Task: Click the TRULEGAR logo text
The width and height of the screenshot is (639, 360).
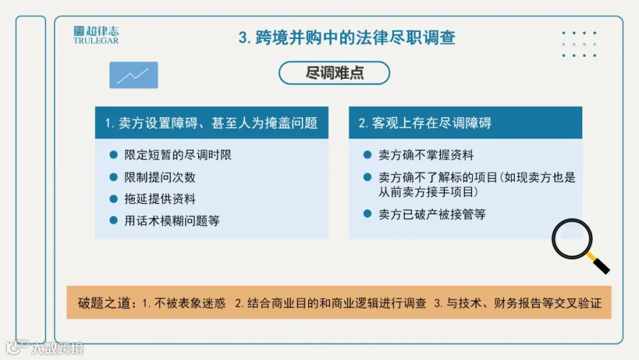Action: (x=96, y=40)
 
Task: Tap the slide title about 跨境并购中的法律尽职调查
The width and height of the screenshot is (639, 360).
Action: (x=346, y=38)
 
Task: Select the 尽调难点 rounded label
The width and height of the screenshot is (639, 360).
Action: (x=334, y=73)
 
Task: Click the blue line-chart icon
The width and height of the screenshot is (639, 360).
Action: (x=133, y=75)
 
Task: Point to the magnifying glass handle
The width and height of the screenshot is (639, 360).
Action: (x=599, y=263)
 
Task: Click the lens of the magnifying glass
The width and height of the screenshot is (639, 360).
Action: (x=572, y=239)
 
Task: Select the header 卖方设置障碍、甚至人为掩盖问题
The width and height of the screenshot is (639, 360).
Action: (x=211, y=123)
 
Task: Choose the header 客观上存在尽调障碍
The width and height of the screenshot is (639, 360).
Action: (x=425, y=123)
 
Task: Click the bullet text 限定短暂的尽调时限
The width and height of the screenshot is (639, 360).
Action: (x=178, y=155)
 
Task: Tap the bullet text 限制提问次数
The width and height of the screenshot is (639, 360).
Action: (x=160, y=178)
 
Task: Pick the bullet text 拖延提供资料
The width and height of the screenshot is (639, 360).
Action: (x=160, y=199)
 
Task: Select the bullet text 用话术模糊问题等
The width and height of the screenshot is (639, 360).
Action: (x=172, y=221)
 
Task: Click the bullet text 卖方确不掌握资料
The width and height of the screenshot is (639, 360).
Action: (x=426, y=155)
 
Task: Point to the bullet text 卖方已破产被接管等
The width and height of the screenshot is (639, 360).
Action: (x=432, y=214)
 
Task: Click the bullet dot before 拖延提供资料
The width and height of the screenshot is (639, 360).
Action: (x=114, y=199)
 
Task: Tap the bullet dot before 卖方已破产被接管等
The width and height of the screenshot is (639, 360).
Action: (x=367, y=214)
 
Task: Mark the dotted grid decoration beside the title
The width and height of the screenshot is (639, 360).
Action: (x=579, y=44)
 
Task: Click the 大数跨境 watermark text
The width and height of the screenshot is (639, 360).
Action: (x=58, y=348)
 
